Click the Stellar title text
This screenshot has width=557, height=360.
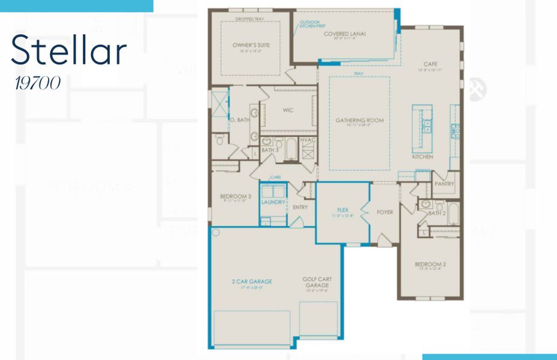coord(69,51)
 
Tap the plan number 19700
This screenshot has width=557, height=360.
coord(38,83)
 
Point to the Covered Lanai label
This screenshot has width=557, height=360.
coord(345,34)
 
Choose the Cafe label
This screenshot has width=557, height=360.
coord(430,64)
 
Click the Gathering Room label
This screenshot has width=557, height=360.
coord(359,120)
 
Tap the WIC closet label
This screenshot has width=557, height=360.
coord(288,110)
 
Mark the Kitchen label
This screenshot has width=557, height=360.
coord(422,157)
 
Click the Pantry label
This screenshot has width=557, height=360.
coord(444,184)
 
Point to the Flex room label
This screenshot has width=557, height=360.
coord(343,210)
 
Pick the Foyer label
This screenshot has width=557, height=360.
coord(384,212)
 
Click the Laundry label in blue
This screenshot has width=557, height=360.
coord(273,202)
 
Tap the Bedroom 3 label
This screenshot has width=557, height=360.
coord(231,197)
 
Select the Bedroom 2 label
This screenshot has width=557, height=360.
coord(430,264)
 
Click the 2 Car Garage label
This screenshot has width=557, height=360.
coord(252,281)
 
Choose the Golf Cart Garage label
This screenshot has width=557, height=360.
coord(317,282)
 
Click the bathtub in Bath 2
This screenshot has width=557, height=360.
coord(453,213)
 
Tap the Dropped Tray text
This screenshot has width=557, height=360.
coord(249,19)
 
